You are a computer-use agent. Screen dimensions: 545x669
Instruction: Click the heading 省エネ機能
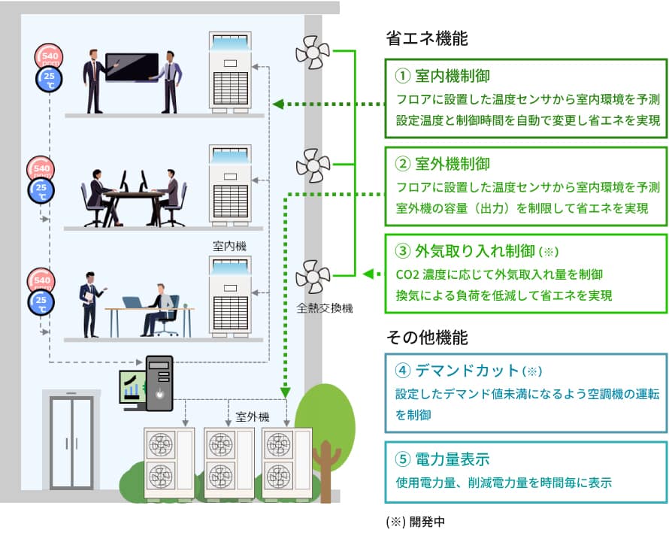[426, 39]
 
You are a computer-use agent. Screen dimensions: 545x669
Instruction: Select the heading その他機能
[426, 337]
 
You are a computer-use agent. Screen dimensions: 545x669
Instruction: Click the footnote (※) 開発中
[415, 521]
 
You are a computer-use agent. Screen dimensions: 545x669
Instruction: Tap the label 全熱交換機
[325, 307]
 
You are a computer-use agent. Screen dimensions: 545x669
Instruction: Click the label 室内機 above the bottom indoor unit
[229, 246]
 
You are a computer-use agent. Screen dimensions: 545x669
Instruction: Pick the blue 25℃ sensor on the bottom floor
[41, 303]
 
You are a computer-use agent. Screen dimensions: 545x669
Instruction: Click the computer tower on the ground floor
[159, 383]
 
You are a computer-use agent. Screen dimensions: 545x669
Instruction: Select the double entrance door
[71, 442]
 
